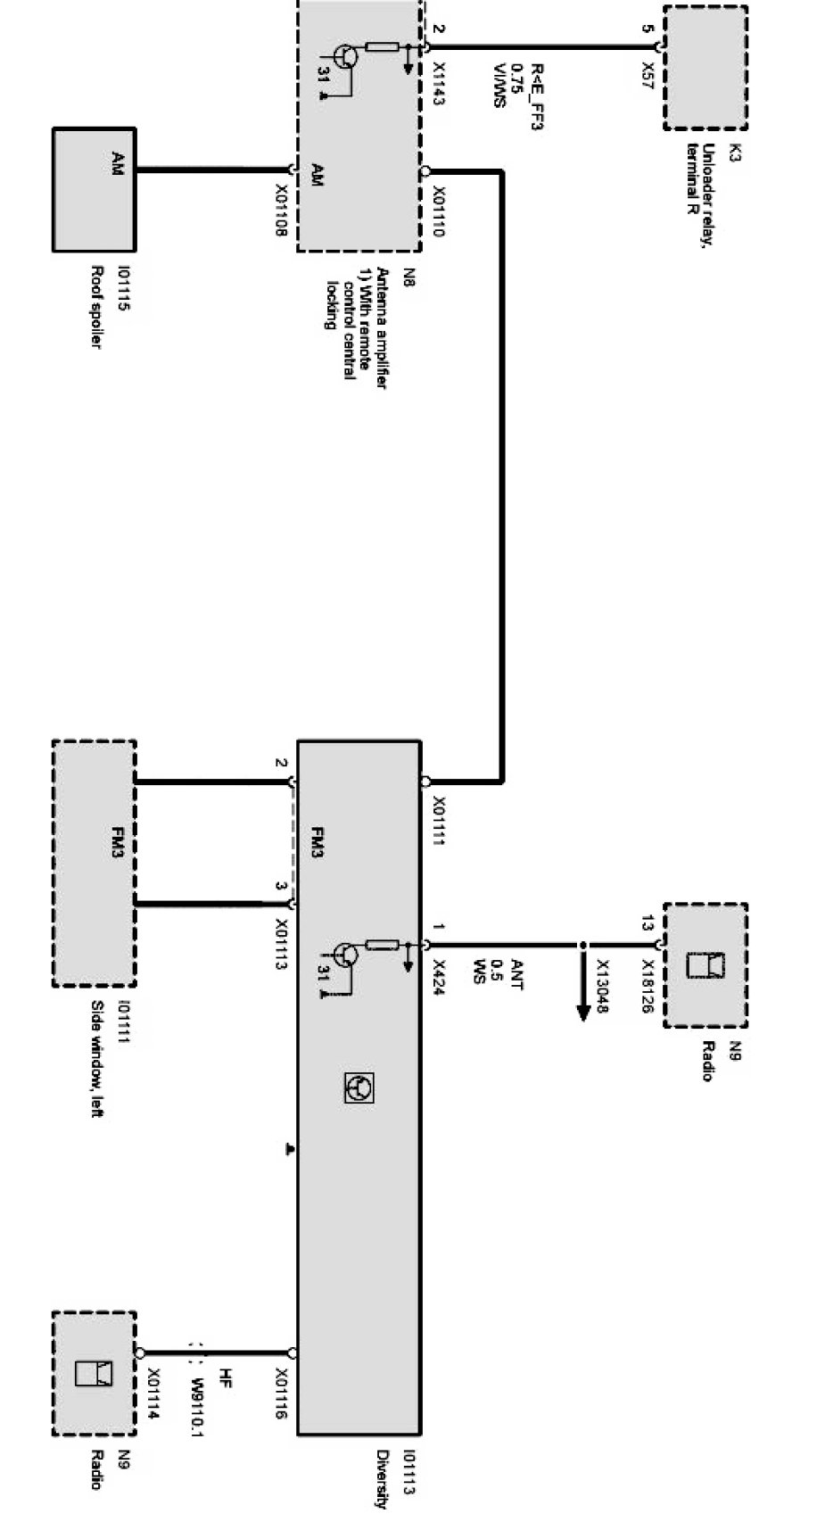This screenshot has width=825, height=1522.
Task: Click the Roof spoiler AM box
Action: point(94,189)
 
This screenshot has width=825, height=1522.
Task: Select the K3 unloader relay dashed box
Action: point(705,67)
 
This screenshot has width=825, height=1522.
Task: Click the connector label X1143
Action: point(438,83)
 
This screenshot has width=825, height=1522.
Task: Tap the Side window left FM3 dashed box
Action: point(94,863)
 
